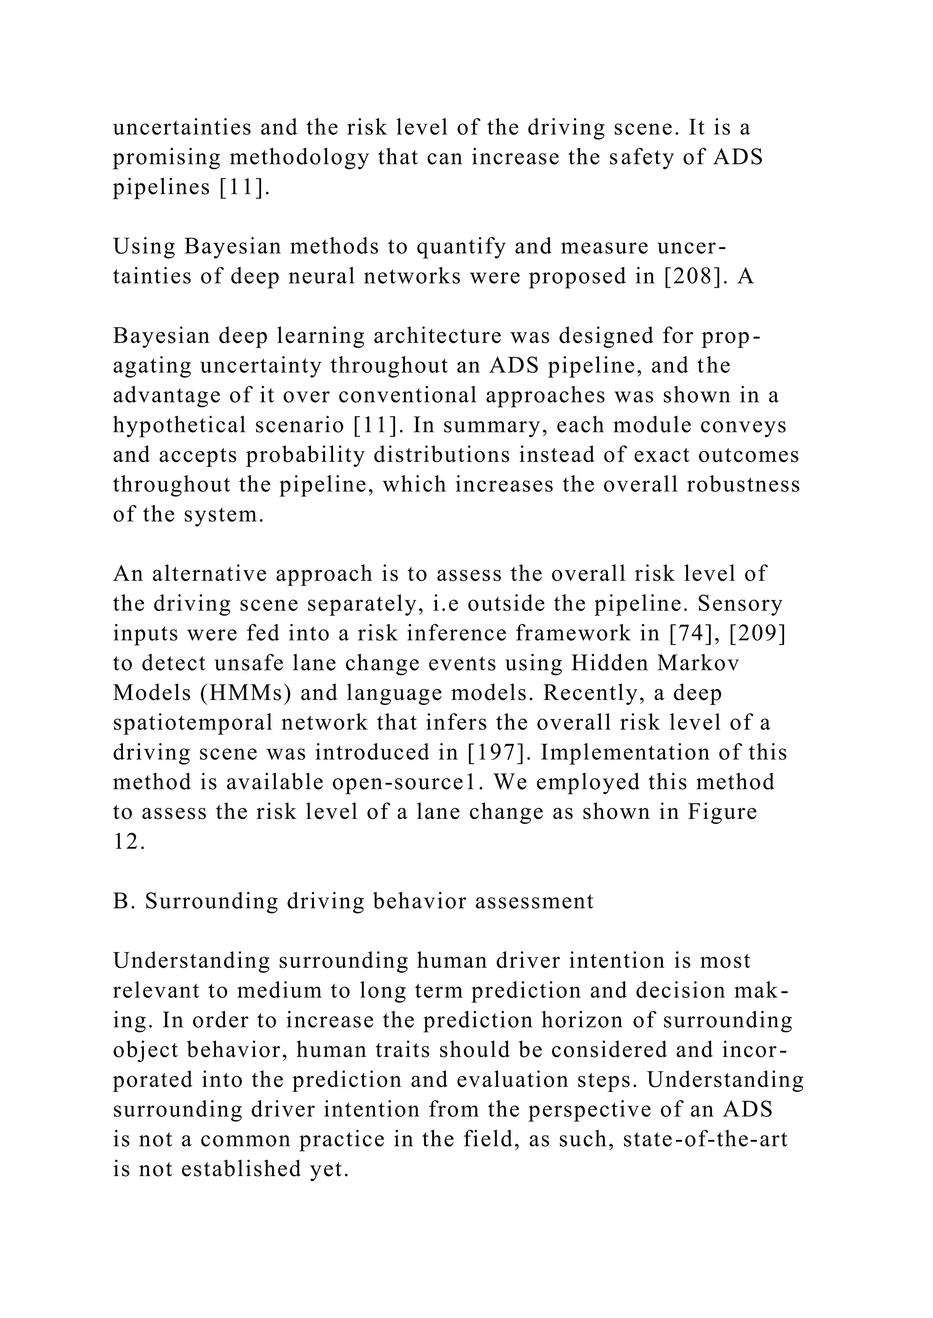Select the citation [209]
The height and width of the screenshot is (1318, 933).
click(x=758, y=633)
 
